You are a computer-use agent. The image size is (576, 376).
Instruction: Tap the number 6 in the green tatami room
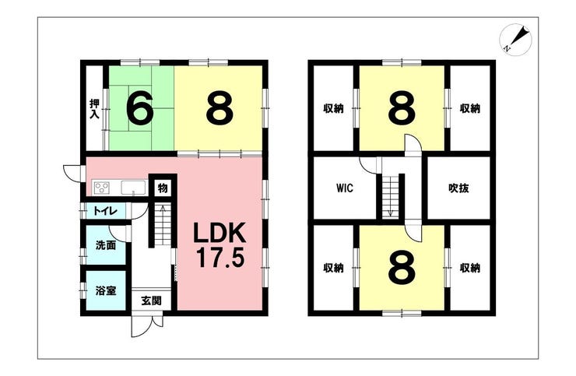tap(139, 107)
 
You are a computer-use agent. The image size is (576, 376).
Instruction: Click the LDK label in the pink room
tap(220, 233)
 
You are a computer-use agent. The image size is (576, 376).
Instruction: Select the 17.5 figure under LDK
tap(220, 258)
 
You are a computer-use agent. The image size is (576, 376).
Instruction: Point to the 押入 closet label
tap(94, 108)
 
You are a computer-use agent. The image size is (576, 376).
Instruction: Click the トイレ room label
tap(105, 211)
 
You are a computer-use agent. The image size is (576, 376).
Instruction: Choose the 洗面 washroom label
tap(106, 245)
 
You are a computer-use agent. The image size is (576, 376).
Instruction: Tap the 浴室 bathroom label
tap(106, 290)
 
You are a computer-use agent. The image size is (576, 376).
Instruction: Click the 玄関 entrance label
tap(151, 300)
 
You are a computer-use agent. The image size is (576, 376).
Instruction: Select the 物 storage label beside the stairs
tap(163, 188)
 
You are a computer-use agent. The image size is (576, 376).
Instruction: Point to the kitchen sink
tap(133, 188)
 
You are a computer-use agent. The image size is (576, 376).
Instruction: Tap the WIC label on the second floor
tap(345, 188)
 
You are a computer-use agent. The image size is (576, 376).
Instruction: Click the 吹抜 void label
tap(458, 188)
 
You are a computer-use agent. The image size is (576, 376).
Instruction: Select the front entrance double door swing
tap(147, 325)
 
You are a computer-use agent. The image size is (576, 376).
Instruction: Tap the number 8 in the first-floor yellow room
tap(220, 107)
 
